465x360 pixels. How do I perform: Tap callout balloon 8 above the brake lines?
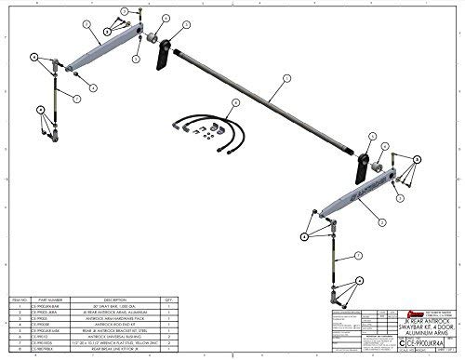point(235,101)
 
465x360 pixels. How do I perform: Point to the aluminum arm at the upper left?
point(112,47)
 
